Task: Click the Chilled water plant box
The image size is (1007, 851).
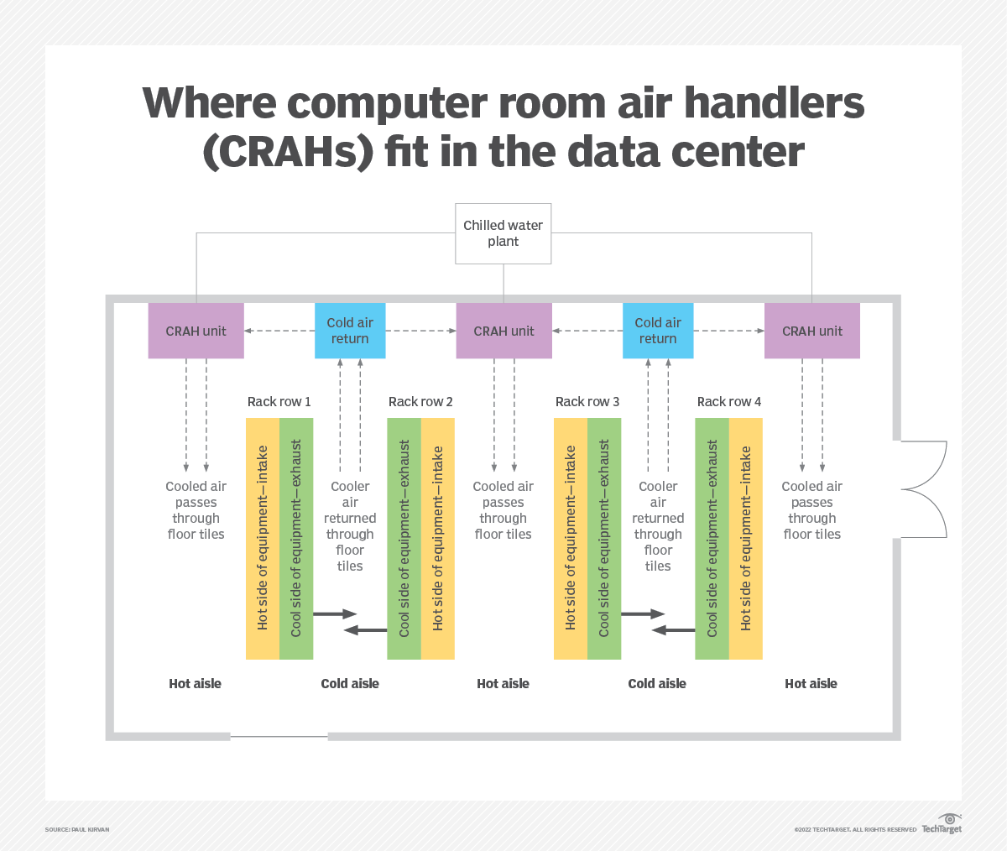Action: pos(503,233)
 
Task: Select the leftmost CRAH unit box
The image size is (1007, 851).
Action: pos(196,331)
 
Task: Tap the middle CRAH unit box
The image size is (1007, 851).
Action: pos(503,331)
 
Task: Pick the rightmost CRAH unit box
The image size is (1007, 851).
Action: pos(811,331)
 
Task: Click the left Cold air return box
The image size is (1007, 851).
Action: pos(350,331)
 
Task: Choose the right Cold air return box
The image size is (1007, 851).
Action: pos(658,331)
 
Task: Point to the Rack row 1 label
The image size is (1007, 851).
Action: pos(279,402)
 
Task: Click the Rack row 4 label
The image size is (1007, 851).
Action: pos(728,402)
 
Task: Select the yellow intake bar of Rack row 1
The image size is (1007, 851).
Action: pos(262,538)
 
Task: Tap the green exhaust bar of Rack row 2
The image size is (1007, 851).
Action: pos(404,538)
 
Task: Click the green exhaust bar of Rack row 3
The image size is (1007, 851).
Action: pos(604,538)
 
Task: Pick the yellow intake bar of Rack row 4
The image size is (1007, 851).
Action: pos(746,538)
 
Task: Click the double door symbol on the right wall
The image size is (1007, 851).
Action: pos(923,489)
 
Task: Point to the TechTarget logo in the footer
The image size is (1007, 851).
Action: pos(942,824)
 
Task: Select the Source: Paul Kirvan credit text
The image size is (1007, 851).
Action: pos(77,829)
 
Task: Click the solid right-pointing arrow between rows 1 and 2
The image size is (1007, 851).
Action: pos(335,614)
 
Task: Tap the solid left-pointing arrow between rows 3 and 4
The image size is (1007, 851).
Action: pos(673,629)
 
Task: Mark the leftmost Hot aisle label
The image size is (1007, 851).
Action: pos(195,684)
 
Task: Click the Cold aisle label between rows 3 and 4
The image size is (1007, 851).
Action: pos(657,684)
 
